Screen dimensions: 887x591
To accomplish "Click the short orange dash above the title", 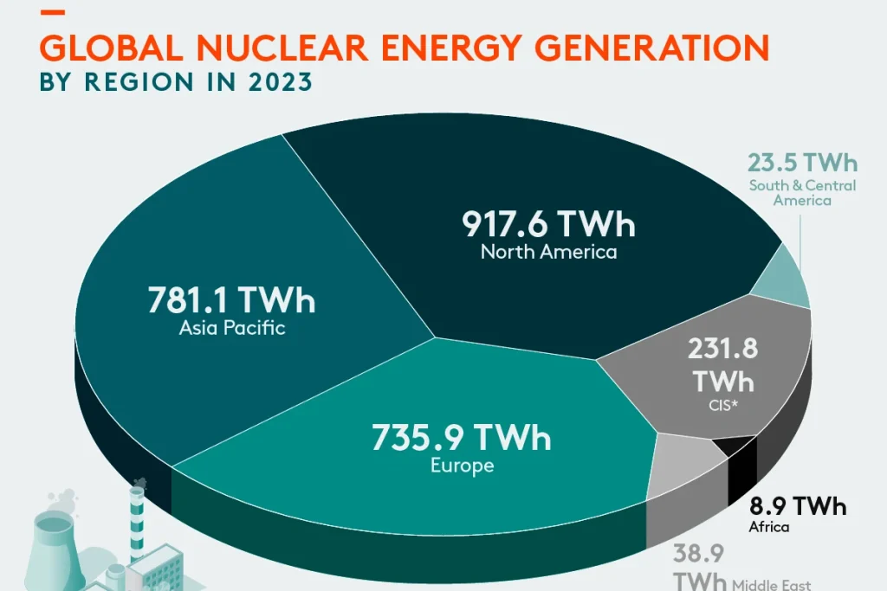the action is pos(53,12).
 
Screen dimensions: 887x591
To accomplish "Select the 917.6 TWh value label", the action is pos(548,224).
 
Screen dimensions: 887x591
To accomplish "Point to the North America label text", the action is pos(548,252).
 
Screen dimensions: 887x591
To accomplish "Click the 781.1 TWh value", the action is pos(231,300).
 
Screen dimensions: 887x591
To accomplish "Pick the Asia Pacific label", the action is pos(232,328).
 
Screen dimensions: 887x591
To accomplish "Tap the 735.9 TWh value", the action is pos(461,437).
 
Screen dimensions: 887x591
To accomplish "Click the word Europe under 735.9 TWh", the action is pos(463,466).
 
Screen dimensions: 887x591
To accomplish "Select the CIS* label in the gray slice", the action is pos(723,405).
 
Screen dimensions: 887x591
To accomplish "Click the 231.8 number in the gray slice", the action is pos(723,349).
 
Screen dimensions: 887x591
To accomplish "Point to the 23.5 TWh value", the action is pos(802,163).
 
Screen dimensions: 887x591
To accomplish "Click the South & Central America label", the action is pos(802,193).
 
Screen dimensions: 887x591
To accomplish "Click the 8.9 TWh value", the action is pos(798,506).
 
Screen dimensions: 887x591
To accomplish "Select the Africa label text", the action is pos(769,527).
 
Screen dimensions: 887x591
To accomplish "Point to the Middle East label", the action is pos(772,584).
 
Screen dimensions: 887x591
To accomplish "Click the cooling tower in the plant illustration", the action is pos(53,551).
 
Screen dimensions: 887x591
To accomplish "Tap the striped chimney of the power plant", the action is pos(137,523).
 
